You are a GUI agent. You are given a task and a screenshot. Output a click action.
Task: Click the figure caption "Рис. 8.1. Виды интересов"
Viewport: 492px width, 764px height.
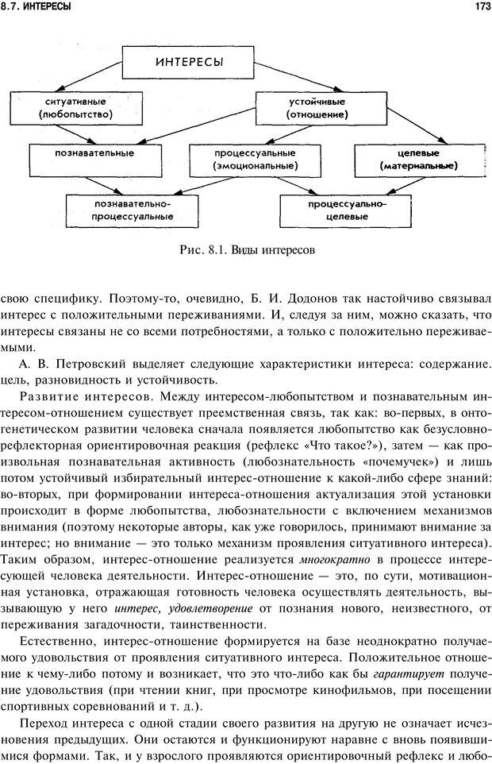[248, 249]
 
